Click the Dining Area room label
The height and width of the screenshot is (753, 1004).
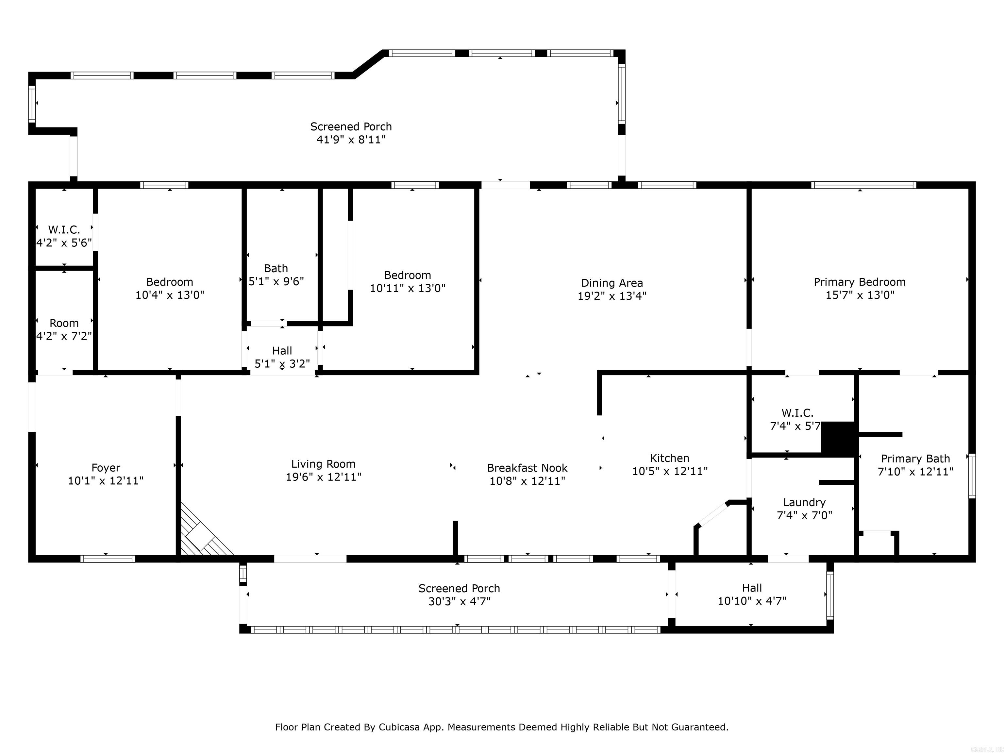tap(612, 283)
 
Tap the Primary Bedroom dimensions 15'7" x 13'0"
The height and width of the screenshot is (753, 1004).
tap(860, 295)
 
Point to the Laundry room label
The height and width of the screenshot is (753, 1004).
tap(804, 502)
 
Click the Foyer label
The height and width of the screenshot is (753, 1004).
tap(106, 468)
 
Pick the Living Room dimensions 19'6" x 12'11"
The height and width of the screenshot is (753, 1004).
tap(323, 477)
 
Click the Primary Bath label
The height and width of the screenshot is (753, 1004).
tap(915, 459)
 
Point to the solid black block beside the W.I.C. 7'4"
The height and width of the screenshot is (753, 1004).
tap(838, 438)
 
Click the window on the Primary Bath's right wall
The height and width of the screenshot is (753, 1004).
tap(972, 476)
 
